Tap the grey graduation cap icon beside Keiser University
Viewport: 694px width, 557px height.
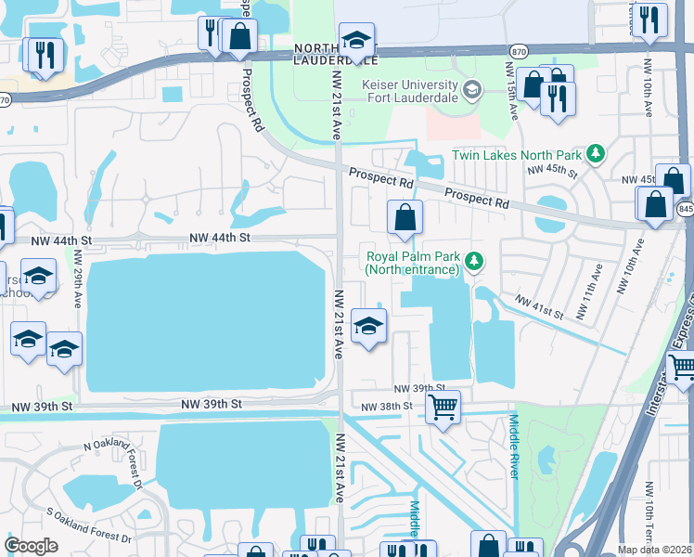pos(472,90)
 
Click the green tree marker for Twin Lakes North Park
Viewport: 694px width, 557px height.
pos(598,153)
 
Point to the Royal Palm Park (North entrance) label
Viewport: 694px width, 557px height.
pos(413,263)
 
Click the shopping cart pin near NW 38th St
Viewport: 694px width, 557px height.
pos(443,406)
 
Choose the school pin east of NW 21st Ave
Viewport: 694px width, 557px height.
pos(369,326)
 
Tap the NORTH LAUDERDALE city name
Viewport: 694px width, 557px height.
pos(335,54)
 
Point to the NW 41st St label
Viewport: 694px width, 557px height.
pos(539,308)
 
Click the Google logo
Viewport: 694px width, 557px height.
pos(32,546)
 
